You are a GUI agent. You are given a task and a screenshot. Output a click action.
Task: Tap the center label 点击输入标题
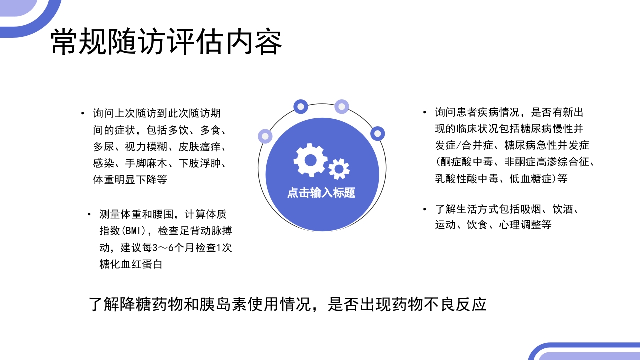tap(321, 193)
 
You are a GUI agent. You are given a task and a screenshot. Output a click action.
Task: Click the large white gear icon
tap(310, 160)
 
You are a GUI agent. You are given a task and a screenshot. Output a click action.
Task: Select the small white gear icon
tap(339, 168)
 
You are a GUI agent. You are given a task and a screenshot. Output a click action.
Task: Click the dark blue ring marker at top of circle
tap(301, 106)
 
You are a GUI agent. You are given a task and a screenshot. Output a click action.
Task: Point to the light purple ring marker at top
tap(342, 106)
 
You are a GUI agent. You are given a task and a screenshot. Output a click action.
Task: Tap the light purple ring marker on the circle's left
tap(265, 136)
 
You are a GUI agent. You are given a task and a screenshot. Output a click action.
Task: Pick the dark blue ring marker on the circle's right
tap(378, 133)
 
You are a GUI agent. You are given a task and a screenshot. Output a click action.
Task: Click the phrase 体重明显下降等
tap(130, 180)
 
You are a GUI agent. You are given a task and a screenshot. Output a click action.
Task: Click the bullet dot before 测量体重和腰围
tap(89, 215)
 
